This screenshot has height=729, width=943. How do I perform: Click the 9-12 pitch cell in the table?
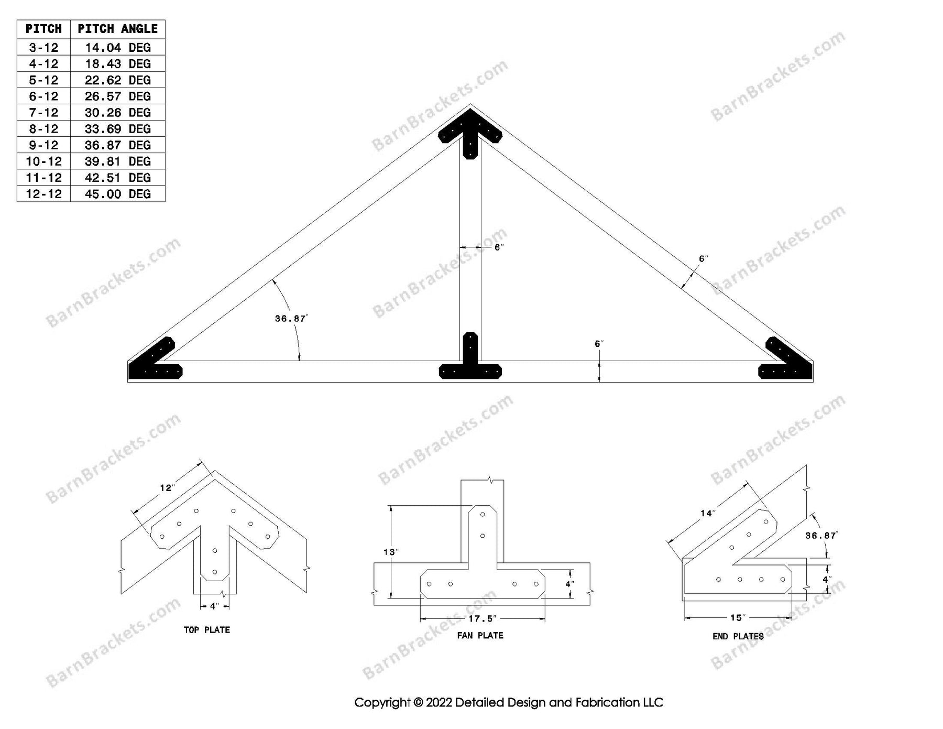(43, 145)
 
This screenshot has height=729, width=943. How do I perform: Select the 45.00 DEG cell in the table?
(117, 194)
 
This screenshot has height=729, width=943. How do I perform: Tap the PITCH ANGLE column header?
(117, 29)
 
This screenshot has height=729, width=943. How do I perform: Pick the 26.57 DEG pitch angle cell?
(117, 96)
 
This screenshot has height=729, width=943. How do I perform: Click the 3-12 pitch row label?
(43, 48)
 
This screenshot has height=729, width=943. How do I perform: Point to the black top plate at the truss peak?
(470, 131)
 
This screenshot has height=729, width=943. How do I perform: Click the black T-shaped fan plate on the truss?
(470, 367)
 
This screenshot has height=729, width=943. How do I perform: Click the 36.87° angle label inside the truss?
(291, 318)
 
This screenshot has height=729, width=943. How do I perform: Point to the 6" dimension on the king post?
(499, 247)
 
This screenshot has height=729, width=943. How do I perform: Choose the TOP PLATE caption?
(206, 629)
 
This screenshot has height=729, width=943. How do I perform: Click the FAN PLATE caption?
(480, 635)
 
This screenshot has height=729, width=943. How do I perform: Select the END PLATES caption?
(738, 636)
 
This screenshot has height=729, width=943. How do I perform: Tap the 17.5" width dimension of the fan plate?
(482, 619)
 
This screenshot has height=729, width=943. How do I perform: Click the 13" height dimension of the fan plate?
(391, 552)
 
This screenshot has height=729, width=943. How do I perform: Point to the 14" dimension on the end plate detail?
(707, 513)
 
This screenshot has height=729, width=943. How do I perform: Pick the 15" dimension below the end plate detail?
(737, 618)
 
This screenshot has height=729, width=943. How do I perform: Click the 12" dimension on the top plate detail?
(167, 488)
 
